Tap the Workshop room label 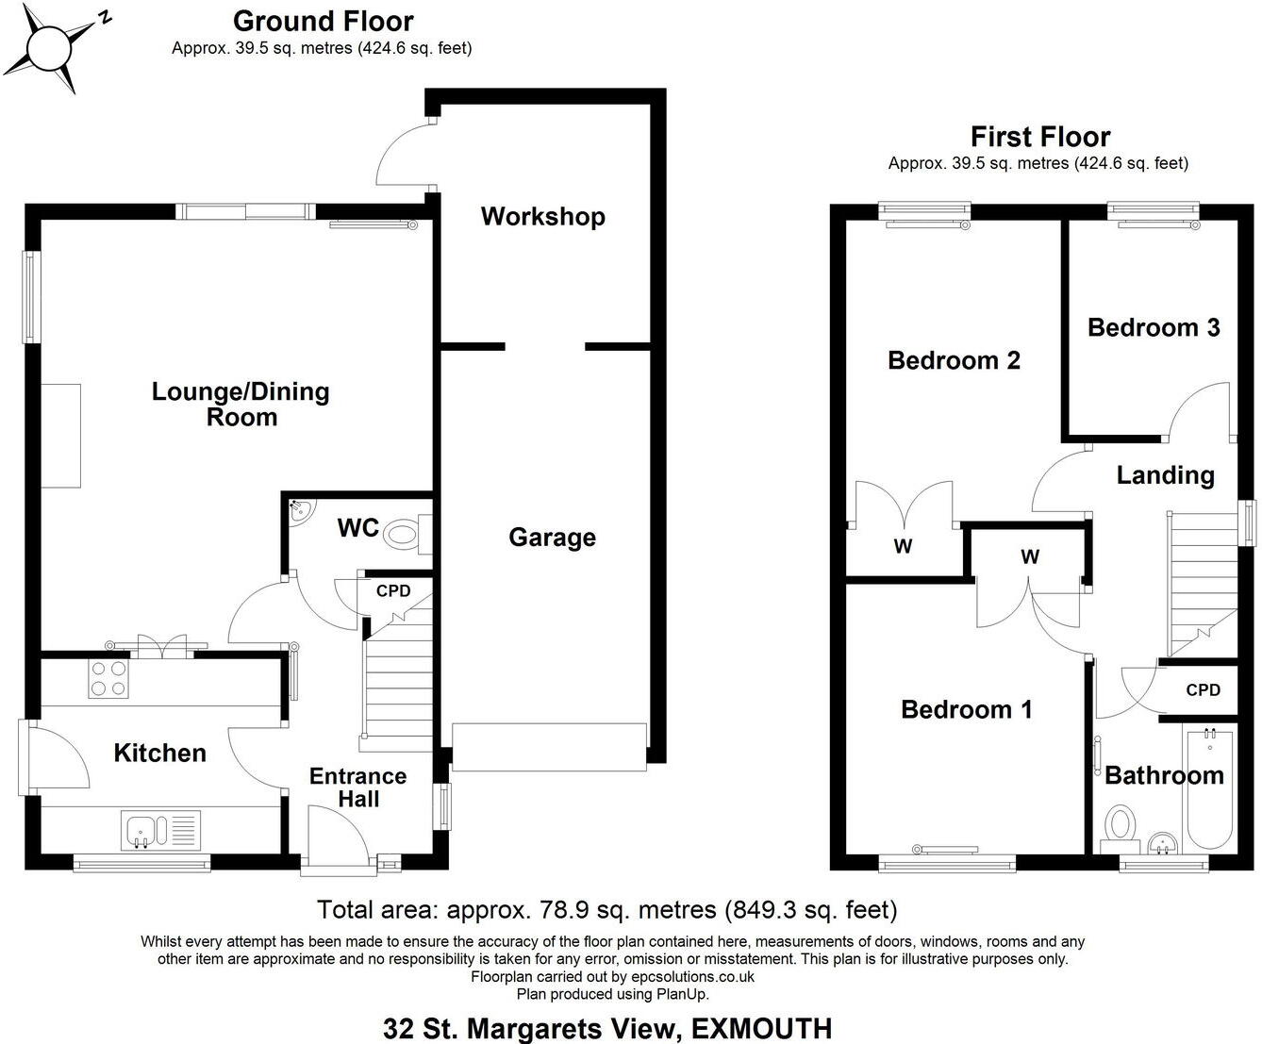(542, 216)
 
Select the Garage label (552, 538)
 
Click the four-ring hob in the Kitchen (108, 678)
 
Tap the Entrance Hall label (358, 787)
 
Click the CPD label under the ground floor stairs (393, 591)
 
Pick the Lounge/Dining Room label (241, 404)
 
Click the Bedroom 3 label (1154, 327)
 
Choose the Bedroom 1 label (966, 709)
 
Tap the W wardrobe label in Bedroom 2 (903, 546)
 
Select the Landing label (1165, 474)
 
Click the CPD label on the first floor (1203, 689)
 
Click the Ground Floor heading (323, 21)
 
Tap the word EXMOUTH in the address (762, 1028)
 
